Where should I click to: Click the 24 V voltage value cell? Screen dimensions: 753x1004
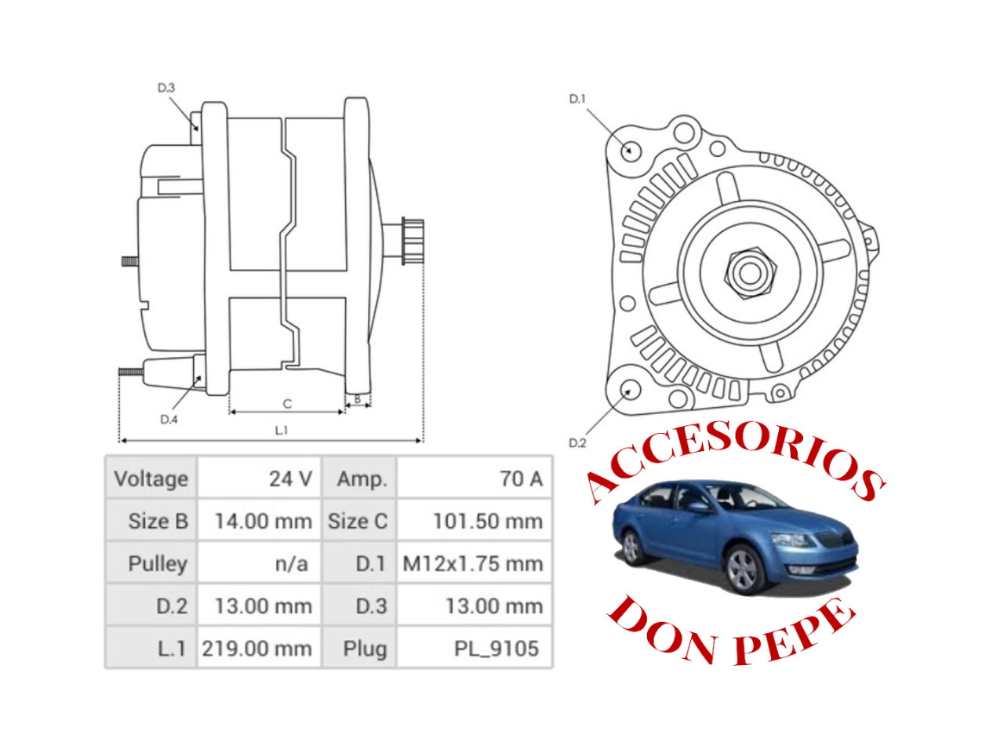coord(260,478)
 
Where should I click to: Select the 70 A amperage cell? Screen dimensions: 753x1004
coord(475,478)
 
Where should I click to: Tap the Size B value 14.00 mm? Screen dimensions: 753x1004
coord(260,521)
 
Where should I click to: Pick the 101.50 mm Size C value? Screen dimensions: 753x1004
coord(475,521)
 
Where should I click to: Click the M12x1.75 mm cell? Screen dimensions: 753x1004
coord(474,563)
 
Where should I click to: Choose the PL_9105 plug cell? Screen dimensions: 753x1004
coord(475,648)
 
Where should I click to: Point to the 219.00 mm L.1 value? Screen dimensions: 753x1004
coord(258,648)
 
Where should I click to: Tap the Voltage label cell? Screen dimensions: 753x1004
coord(151,478)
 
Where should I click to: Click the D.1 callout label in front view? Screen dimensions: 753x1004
coord(577,99)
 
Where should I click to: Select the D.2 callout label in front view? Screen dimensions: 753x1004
coord(577,443)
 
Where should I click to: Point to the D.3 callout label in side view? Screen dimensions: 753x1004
coord(166,88)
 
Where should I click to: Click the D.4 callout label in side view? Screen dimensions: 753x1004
coord(169,420)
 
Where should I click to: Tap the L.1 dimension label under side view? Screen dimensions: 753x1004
coord(282,431)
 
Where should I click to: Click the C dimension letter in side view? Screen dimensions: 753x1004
coord(287,404)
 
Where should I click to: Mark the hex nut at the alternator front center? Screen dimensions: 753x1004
coord(749,273)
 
